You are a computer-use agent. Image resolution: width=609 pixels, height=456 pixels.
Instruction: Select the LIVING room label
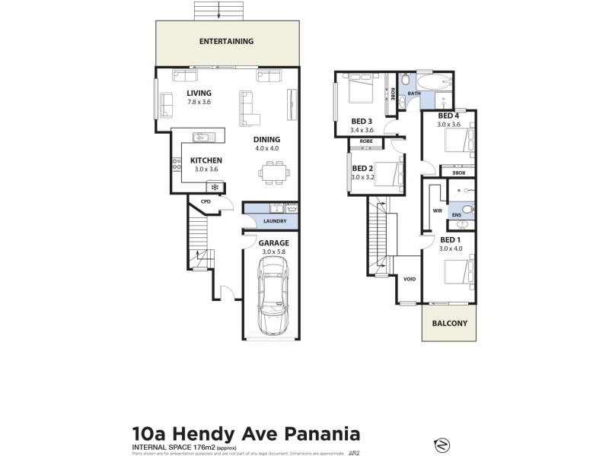[x=199, y=93]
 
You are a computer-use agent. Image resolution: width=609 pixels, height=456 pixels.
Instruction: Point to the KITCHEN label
[x=206, y=160]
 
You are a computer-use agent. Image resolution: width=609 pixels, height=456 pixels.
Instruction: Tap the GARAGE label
[x=270, y=243]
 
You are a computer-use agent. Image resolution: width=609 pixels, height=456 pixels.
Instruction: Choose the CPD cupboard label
[x=206, y=201]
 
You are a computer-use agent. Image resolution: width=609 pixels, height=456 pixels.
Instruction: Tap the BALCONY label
[x=449, y=322]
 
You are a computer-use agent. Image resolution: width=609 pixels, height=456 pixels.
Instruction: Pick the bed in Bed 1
[x=456, y=271]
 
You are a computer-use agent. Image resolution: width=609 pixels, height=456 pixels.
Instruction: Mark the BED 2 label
[x=362, y=169]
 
